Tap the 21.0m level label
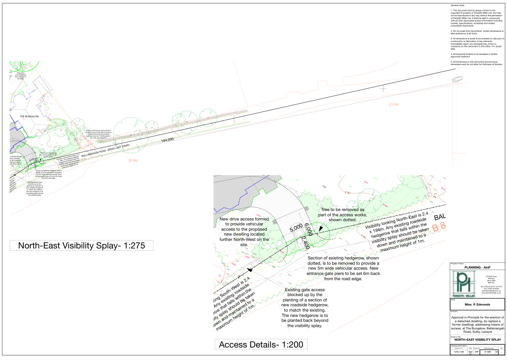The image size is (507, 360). pos(394,104)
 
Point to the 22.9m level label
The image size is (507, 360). pos(133,160)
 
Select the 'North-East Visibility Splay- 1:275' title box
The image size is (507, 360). pos(82,245)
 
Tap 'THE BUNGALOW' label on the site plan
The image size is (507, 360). pos(29,116)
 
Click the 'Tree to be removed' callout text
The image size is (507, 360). pos(342,214)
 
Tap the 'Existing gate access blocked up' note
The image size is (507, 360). pos(305,307)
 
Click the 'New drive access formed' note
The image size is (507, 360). pos(244,232)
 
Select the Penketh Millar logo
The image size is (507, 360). pos(463,284)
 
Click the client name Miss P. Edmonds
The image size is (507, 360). pos(477,304)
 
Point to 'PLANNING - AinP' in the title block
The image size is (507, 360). pos(478,267)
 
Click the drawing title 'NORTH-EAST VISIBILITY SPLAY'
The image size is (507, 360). pos(478,340)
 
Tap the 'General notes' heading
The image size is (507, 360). pos(458,5)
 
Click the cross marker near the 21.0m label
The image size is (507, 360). pos(383,88)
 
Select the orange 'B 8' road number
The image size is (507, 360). pos(439,228)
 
